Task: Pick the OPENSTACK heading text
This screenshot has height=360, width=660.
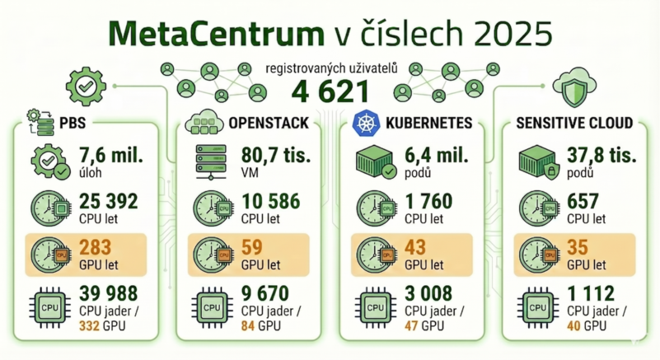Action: pos(269,124)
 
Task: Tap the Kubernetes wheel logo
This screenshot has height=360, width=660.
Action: pos(364,124)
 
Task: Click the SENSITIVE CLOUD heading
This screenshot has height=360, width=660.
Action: pos(574,124)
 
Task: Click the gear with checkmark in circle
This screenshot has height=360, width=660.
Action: pos(86,84)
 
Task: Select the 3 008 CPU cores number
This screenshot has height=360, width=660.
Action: pos(430,294)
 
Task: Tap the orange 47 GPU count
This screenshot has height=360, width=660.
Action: pos(410,325)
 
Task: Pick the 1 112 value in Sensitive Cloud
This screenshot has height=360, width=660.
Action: pos(589,294)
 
